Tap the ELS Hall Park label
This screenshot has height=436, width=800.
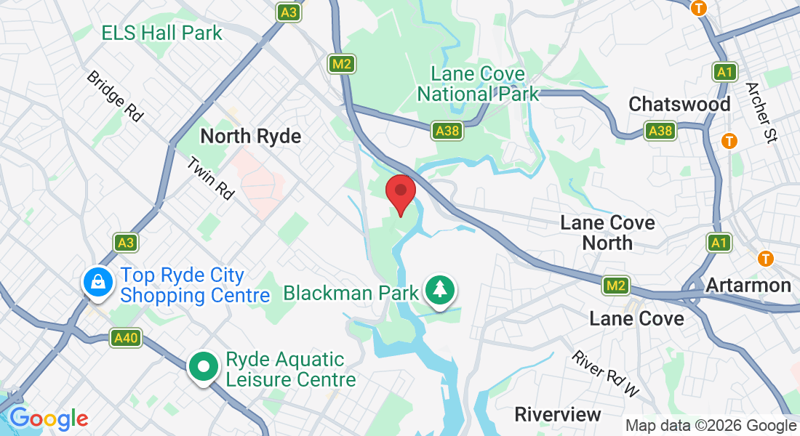161,33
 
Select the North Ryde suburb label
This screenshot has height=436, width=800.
250,136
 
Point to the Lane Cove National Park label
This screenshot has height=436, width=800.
478,84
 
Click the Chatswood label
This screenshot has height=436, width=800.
679,104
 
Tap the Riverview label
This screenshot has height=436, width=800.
558,414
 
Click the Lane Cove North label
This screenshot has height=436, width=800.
608,233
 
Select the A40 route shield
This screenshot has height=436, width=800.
125,337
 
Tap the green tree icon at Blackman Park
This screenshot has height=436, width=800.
440,290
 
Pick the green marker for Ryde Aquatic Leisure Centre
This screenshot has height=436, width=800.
204,367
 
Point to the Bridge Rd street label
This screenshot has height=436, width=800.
114,95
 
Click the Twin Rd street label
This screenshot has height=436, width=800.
210,179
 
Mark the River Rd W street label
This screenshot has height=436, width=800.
605,374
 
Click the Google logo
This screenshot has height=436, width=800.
49,419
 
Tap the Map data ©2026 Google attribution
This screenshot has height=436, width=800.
711,426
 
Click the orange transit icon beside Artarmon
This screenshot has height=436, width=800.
765,258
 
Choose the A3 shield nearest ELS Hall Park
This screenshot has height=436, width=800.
289,13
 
